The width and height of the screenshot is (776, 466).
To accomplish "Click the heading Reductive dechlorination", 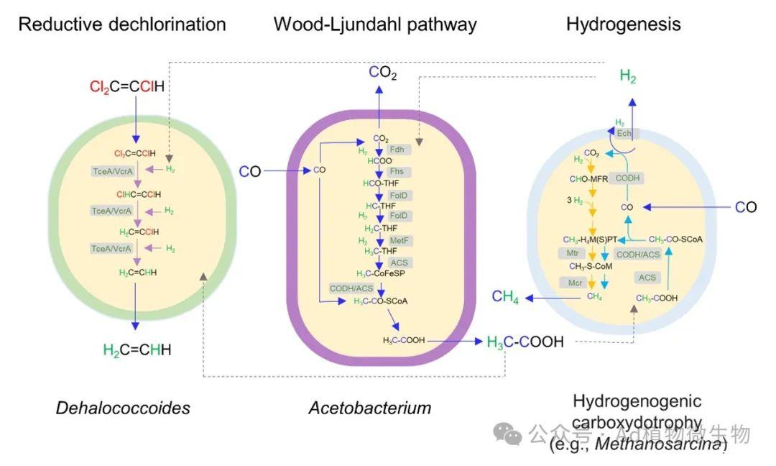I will tap(122, 24).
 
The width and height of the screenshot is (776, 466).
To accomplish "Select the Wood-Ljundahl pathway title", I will tap(375, 24).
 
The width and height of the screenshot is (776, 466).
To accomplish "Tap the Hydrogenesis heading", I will tap(624, 24).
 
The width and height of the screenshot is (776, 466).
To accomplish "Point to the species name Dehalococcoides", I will tap(123, 408).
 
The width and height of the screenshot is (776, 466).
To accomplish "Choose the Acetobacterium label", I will tap(370, 408).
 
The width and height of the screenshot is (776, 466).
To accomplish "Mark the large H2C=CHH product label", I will tap(138, 350).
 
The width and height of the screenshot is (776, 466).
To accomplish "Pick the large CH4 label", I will tap(505, 297).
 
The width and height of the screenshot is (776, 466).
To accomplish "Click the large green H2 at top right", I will tap(628, 77).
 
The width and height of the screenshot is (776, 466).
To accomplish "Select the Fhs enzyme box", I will tap(397, 172).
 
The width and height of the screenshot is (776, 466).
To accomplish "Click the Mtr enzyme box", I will tap(572, 253).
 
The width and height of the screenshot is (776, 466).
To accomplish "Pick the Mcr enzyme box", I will tap(575, 283).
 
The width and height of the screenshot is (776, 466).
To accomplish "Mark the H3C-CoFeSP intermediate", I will tap(379, 273).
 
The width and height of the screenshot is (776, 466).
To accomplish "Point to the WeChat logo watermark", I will tap(510, 434).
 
